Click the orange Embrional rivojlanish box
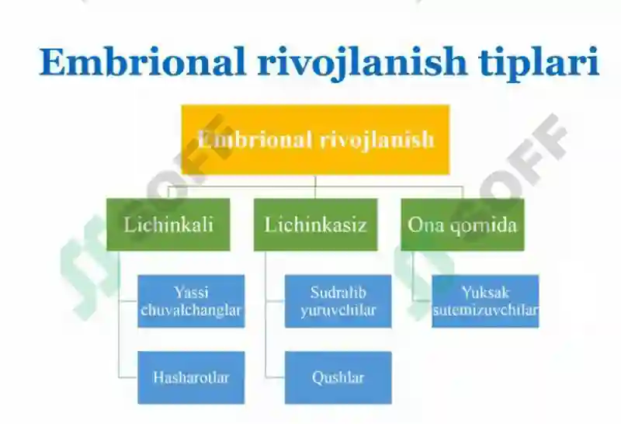(316, 140)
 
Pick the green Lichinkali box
(168, 224)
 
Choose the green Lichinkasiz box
(316, 224)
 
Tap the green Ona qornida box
(463, 224)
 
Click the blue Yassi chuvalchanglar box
(191, 301)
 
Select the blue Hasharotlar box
(191, 377)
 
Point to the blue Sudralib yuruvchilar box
(338, 301)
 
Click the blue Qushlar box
(338, 377)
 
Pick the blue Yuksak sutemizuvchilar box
(486, 301)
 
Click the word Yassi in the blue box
(191, 293)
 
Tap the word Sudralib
(338, 293)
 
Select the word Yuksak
(486, 293)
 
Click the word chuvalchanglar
(191, 310)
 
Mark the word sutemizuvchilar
(486, 310)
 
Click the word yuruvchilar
(338, 311)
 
